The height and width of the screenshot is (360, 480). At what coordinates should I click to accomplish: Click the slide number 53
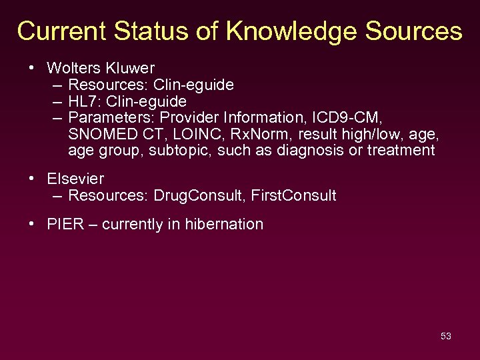(446, 336)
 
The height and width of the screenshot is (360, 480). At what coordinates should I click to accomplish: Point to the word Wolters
(73, 68)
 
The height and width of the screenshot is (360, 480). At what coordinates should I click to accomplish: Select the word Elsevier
(75, 179)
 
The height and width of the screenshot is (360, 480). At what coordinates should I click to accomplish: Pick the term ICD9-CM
(345, 118)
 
